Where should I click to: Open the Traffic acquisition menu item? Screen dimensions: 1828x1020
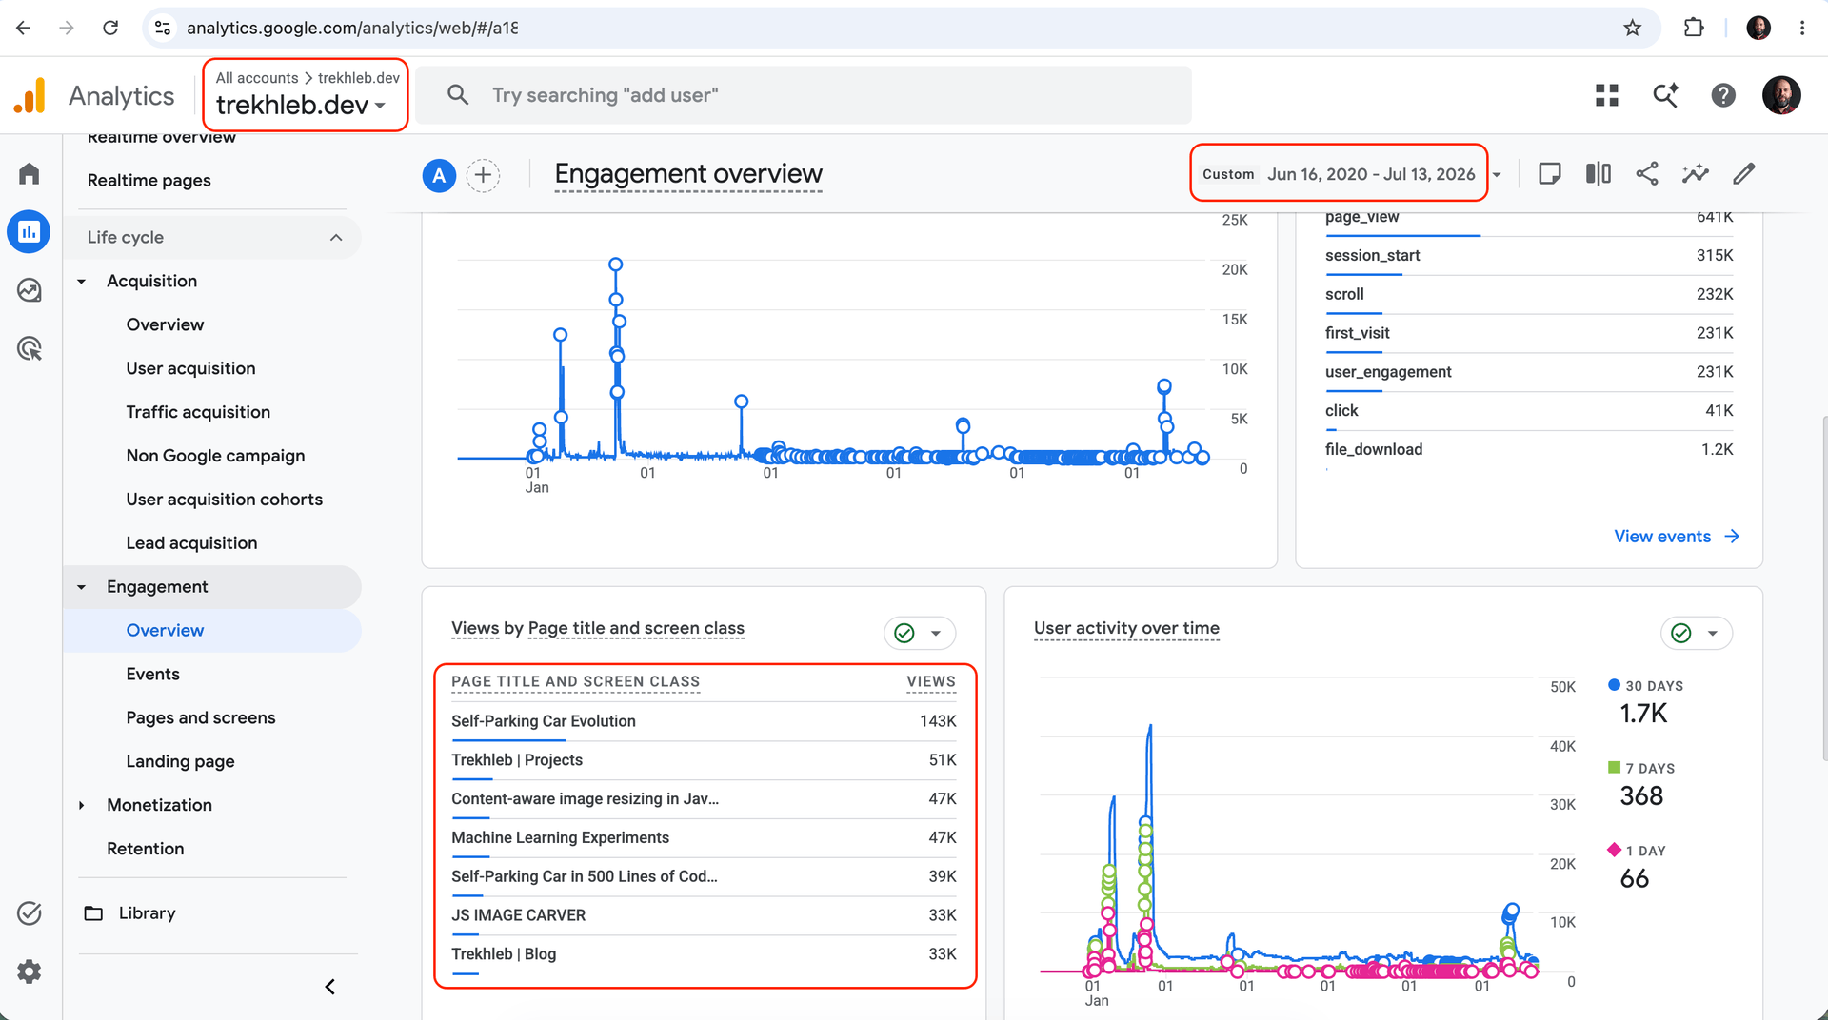198,412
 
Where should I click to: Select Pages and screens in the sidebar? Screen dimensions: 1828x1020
201,717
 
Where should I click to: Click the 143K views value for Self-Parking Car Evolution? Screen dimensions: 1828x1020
938,721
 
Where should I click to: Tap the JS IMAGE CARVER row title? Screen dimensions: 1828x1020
519,915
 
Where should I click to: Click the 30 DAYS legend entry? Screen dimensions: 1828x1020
1645,686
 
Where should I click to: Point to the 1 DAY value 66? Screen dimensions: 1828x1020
1635,878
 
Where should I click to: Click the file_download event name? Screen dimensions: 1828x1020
1374,449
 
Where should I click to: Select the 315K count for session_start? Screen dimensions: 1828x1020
1715,255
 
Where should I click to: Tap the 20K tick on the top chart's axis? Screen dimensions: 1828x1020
1235,270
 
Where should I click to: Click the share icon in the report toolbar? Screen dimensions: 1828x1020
1647,173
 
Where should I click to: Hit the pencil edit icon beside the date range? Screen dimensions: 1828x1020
1744,173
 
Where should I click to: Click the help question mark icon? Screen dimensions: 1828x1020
1723,95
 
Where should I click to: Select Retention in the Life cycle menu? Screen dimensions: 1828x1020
146,849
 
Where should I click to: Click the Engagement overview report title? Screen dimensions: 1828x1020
688,174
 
